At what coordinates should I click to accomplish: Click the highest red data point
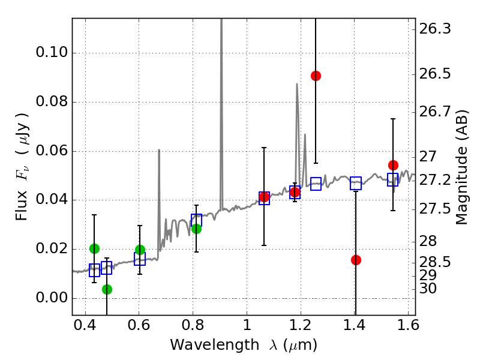[316, 76]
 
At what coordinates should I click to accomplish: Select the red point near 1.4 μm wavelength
[356, 260]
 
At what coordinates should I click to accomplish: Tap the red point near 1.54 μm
[393, 165]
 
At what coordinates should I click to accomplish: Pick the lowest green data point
[107, 289]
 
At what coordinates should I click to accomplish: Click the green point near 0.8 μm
[196, 229]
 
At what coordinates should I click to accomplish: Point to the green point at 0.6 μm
[140, 250]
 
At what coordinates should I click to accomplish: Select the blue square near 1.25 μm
[316, 184]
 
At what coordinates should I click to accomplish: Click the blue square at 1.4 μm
[356, 184]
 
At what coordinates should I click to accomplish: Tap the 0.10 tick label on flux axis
[51, 53]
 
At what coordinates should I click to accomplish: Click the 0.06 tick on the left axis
[51, 151]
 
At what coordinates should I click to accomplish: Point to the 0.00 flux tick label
[51, 298]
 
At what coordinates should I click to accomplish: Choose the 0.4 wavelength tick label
[85, 326]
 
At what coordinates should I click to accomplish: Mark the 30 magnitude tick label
[428, 289]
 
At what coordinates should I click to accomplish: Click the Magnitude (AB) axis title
[461, 166]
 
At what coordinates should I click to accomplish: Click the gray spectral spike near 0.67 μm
[159, 180]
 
